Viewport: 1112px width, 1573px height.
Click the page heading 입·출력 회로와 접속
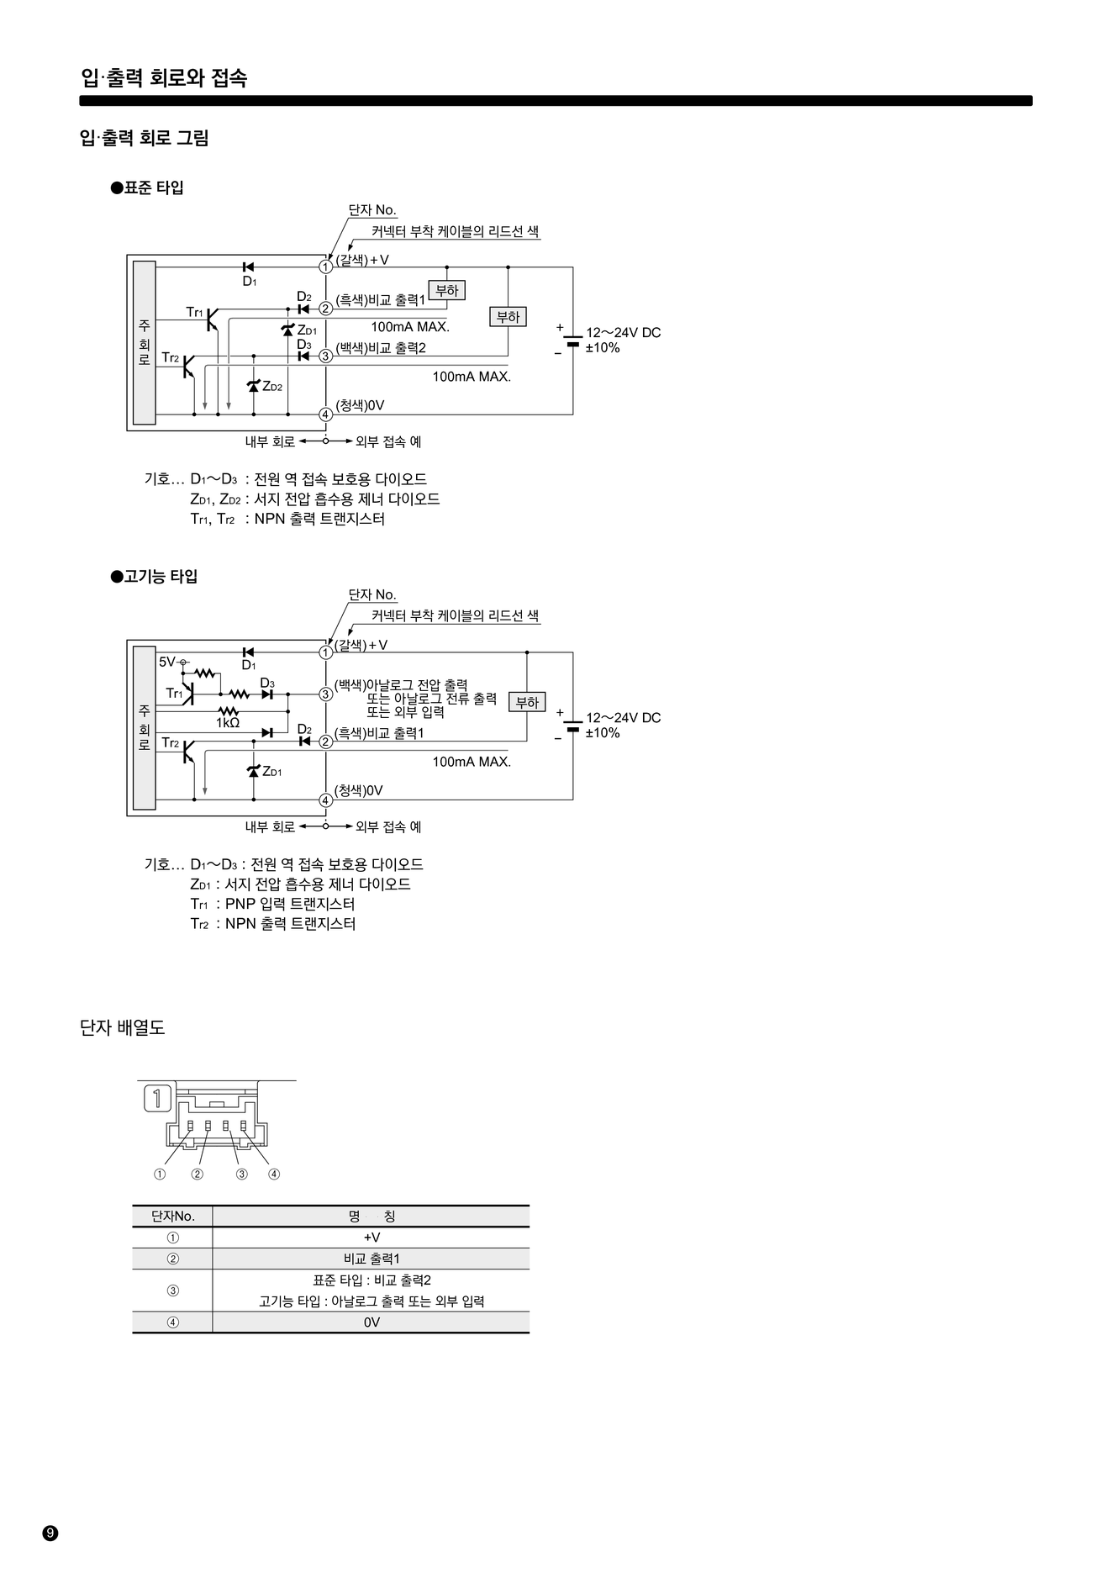click(x=164, y=78)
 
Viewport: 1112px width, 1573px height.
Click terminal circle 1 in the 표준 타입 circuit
click(x=326, y=267)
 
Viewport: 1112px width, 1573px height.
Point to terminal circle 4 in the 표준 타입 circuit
click(x=326, y=414)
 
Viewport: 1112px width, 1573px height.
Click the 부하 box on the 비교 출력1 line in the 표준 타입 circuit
click(x=447, y=291)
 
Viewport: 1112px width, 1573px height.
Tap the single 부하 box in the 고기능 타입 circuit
click(x=527, y=703)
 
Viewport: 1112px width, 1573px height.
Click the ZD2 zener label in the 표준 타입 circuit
click(x=272, y=387)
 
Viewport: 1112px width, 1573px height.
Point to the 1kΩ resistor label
click(x=227, y=723)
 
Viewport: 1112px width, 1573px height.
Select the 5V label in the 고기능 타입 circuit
click(x=167, y=662)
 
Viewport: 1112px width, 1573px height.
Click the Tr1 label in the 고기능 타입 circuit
click(x=174, y=694)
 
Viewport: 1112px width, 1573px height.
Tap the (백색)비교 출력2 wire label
click(x=381, y=348)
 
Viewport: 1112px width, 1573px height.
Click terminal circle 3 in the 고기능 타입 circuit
click(x=326, y=694)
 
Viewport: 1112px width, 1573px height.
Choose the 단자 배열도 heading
click(x=123, y=1027)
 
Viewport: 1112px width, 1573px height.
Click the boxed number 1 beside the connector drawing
click(x=158, y=1098)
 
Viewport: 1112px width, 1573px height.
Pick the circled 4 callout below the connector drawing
click(x=274, y=1174)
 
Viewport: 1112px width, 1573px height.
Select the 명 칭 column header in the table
click(x=371, y=1216)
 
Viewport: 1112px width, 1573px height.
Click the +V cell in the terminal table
click(x=372, y=1238)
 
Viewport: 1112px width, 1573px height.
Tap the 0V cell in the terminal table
click(x=372, y=1322)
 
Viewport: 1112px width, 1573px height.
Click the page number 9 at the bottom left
click(x=50, y=1533)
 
